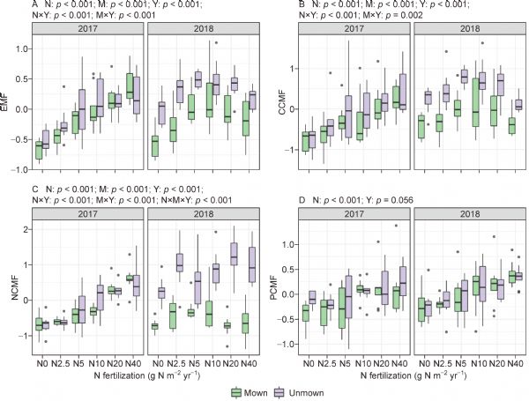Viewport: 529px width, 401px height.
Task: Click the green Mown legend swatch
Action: click(236, 391)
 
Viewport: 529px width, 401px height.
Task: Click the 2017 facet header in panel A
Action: click(86, 28)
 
